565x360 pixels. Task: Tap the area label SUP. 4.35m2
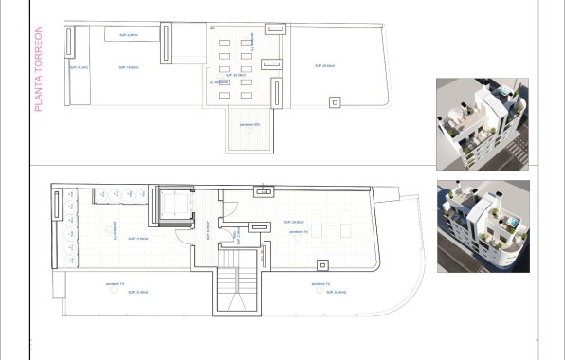tap(80, 68)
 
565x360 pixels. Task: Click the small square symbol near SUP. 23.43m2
tap(334, 100)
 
